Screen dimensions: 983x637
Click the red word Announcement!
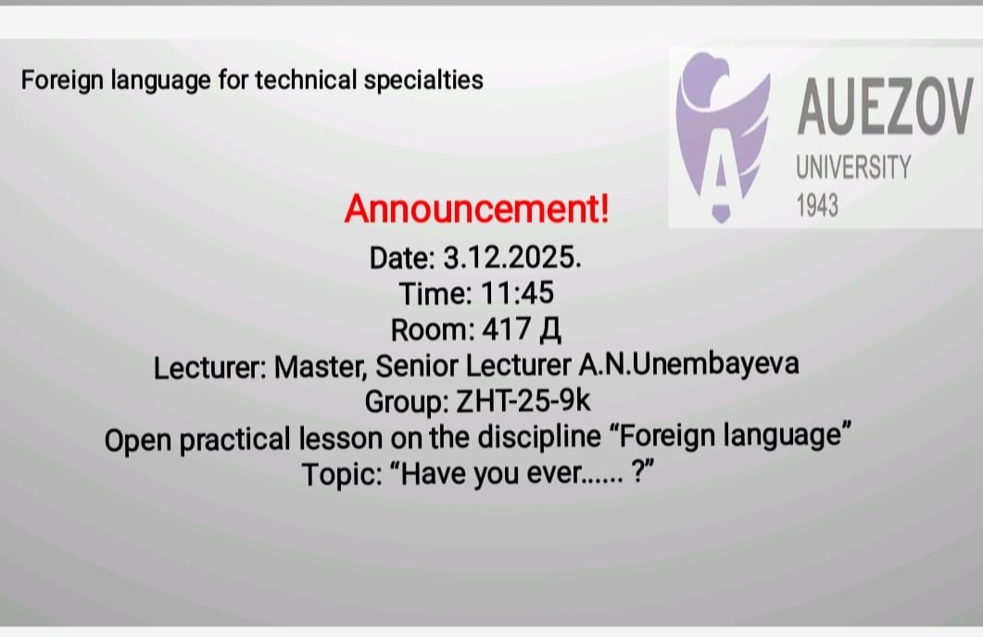(476, 209)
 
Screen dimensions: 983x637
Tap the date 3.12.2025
(512, 258)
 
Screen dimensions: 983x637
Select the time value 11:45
(517, 293)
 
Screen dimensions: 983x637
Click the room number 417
(507, 329)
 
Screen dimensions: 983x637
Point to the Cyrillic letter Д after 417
(549, 330)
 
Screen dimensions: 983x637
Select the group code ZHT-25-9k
(523, 401)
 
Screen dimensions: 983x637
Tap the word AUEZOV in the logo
(885, 107)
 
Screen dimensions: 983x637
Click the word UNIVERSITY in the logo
(853, 168)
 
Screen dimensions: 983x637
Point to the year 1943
(817, 205)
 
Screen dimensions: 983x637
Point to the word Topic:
(342, 475)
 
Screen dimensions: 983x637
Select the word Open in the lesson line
(138, 440)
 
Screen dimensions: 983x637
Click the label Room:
(433, 329)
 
